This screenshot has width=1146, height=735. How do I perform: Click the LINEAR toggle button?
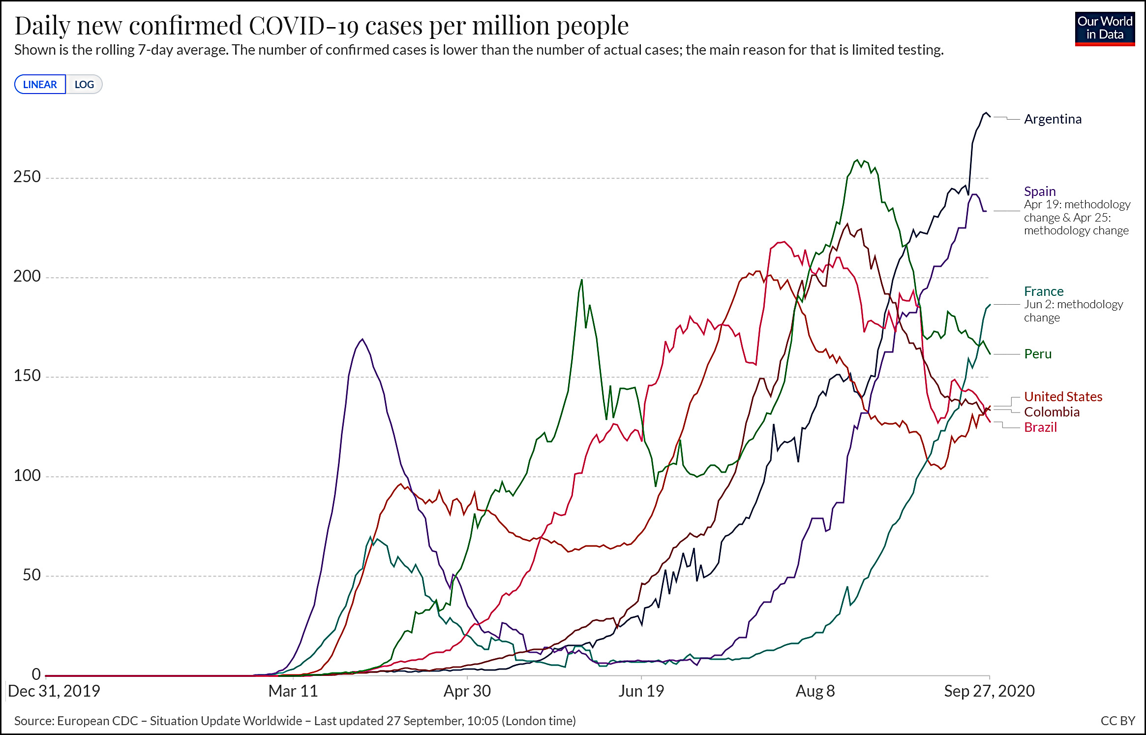[x=40, y=85]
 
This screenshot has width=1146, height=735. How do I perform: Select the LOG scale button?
[x=84, y=85]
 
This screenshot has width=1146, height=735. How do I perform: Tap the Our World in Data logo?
[x=1105, y=29]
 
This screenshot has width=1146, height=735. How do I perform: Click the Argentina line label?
[x=1053, y=119]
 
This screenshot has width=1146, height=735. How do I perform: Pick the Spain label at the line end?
[x=1040, y=192]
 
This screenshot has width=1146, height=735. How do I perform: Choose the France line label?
[x=1044, y=291]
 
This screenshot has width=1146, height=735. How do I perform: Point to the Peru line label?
[x=1038, y=354]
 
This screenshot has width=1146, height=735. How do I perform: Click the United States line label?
[x=1063, y=397]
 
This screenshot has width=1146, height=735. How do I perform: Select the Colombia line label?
[x=1052, y=412]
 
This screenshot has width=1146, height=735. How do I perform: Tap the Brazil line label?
[x=1040, y=427]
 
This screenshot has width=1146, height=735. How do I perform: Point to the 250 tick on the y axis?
[x=27, y=177]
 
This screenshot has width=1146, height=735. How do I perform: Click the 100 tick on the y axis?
[x=27, y=476]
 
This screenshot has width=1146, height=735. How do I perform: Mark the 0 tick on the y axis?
[x=36, y=674]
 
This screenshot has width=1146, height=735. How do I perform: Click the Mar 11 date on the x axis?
[x=293, y=691]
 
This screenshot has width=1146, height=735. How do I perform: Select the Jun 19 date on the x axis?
[x=641, y=691]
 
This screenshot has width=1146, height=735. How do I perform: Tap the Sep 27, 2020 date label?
[x=989, y=691]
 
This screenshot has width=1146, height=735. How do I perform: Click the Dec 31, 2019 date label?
[x=54, y=691]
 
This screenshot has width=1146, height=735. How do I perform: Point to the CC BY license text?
[x=1117, y=721]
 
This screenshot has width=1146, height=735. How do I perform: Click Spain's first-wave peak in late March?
[x=362, y=339]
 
